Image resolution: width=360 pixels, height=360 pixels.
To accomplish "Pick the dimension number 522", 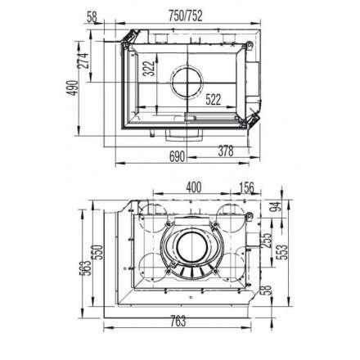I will click(214, 101).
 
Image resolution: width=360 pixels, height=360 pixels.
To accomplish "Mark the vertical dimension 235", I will click(265, 241).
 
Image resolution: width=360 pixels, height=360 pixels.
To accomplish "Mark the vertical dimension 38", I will click(265, 292).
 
